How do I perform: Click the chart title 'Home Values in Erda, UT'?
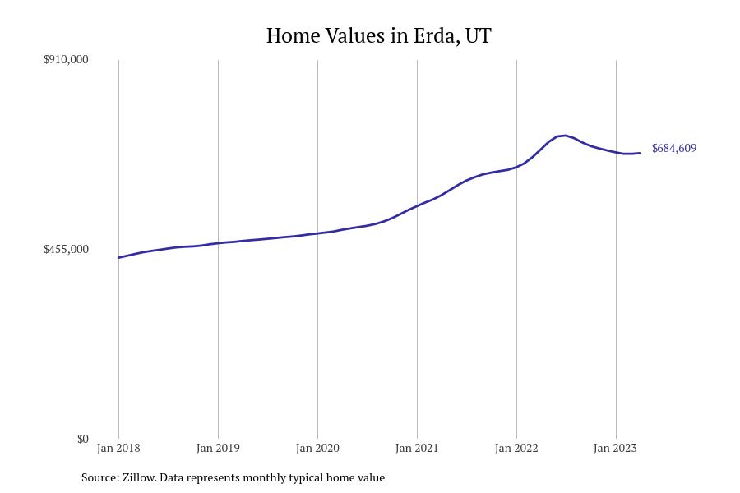click(x=378, y=36)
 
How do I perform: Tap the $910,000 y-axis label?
click(x=66, y=60)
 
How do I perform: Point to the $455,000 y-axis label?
click(x=66, y=249)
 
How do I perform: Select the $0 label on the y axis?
click(x=82, y=439)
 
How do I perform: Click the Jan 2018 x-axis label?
click(x=118, y=449)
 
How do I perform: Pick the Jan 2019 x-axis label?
click(x=218, y=449)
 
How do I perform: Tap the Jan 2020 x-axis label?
click(x=317, y=449)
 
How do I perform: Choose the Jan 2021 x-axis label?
click(x=417, y=449)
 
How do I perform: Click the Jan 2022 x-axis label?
click(x=516, y=449)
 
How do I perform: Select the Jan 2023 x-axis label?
click(x=616, y=449)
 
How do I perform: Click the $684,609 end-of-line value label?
click(x=673, y=149)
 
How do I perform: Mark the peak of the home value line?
click(x=565, y=136)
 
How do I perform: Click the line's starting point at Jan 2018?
click(x=118, y=258)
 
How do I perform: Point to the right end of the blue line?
click(x=640, y=153)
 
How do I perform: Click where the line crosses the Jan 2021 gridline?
click(x=417, y=205)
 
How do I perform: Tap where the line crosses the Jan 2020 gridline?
click(x=317, y=233)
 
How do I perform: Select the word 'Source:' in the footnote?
click(x=99, y=477)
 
